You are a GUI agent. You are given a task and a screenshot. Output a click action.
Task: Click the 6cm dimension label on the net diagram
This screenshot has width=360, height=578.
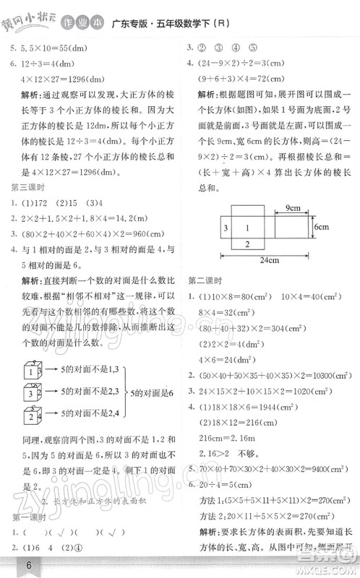pos(320,226)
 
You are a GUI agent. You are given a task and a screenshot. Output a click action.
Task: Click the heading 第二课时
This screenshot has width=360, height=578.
pos(205,279)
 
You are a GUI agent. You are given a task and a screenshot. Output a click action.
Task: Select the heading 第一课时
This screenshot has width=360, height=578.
pos(25,518)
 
